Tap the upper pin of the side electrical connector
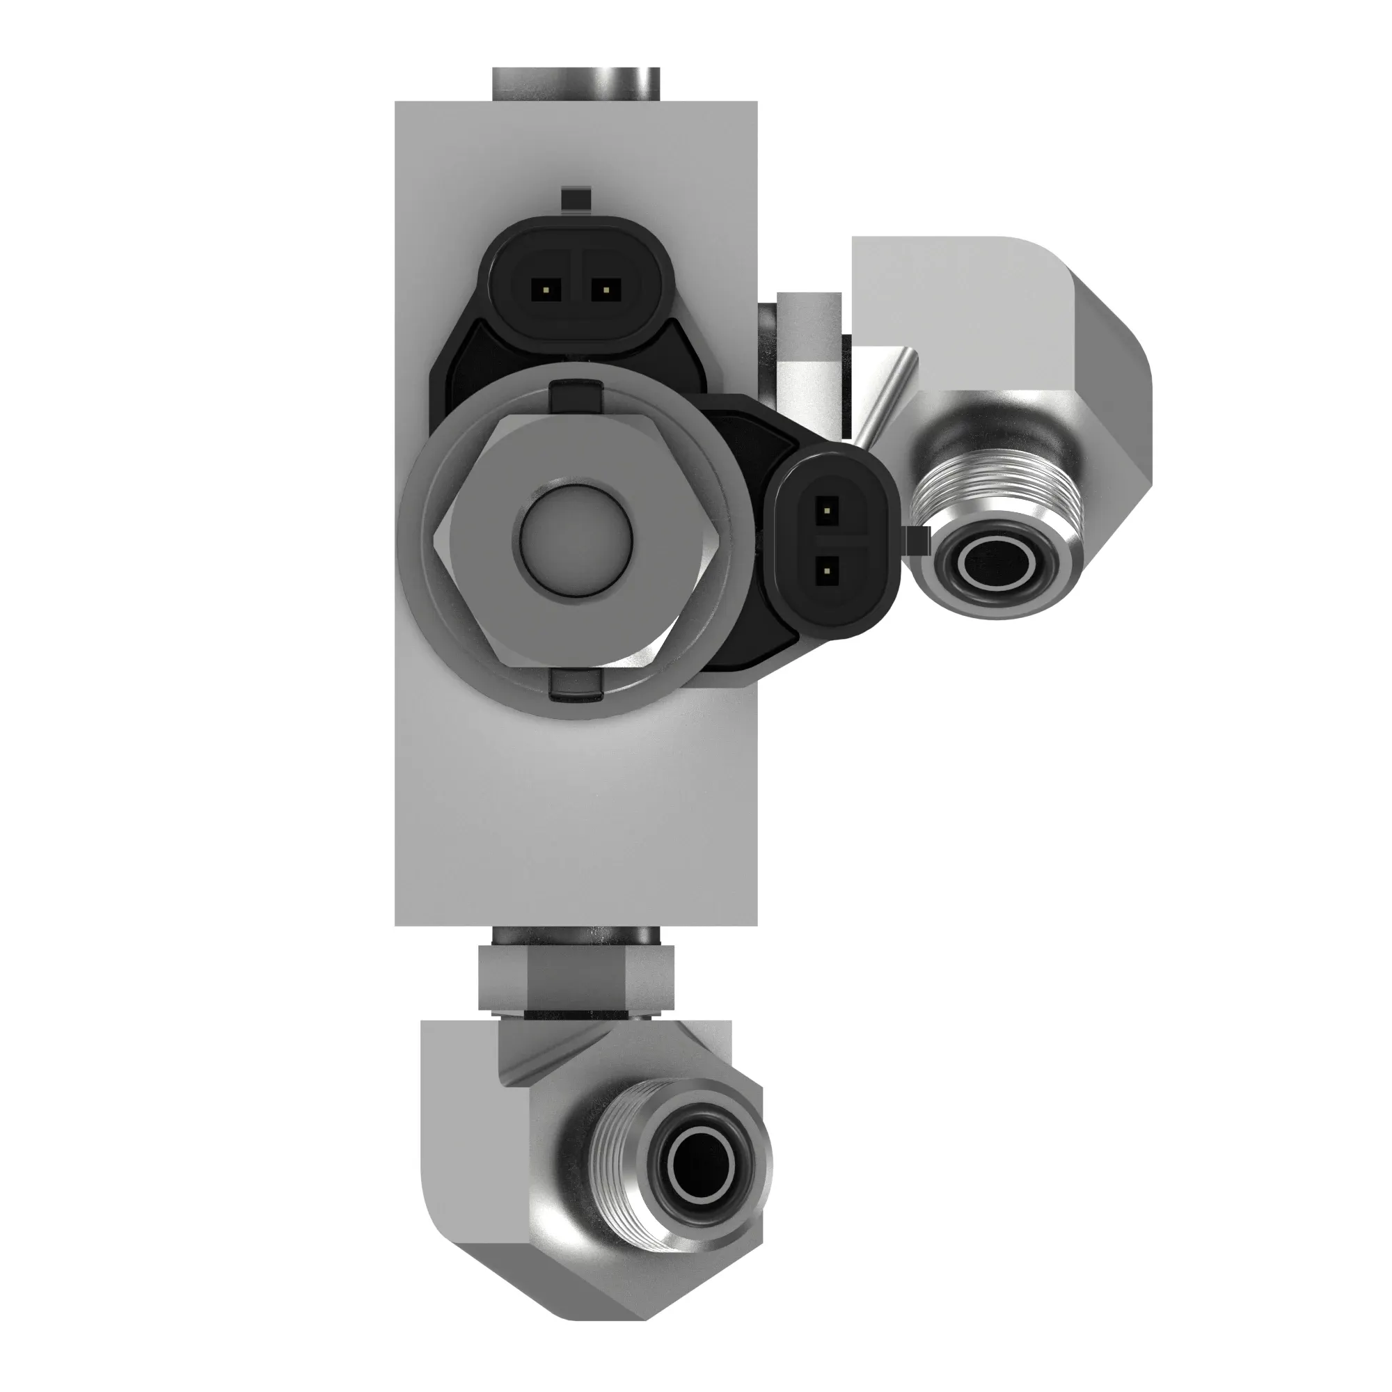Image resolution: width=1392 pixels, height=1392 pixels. tap(827, 512)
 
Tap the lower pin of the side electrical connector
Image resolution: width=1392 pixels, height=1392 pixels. tap(827, 572)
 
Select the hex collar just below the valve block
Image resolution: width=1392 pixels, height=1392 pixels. tap(576, 979)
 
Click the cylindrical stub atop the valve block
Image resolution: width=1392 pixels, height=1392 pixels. tap(576, 84)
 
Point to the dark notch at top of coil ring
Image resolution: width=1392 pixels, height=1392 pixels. tap(576, 397)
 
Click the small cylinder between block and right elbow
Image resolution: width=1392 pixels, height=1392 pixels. tap(810, 361)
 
